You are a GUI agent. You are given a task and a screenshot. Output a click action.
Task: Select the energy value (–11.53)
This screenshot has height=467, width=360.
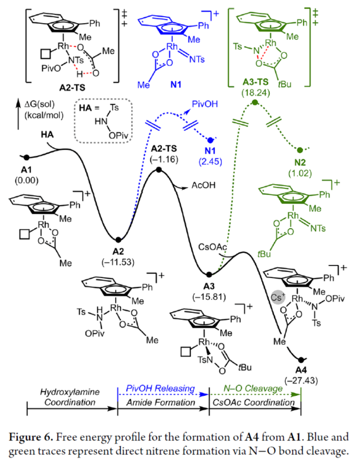[117, 261]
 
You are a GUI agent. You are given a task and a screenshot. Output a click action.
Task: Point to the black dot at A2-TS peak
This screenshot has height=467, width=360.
[159, 170]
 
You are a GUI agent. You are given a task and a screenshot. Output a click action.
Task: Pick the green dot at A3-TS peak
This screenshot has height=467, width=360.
[255, 103]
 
